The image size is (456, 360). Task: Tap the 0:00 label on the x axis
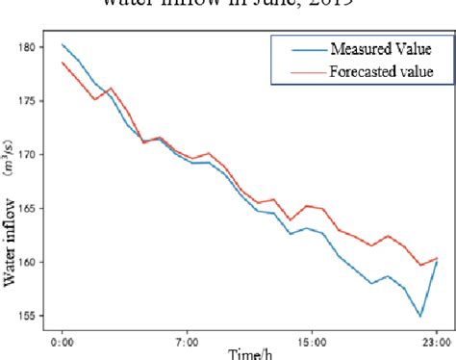[63, 340]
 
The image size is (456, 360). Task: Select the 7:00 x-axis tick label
[187, 340]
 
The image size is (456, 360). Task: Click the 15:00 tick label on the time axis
[313, 340]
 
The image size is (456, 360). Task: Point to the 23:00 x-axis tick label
[437, 340]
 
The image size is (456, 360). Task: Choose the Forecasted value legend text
[381, 70]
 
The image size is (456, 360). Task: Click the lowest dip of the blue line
[420, 316]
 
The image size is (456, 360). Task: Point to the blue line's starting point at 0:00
[63, 44]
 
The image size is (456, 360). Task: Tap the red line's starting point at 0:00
[63, 63]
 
